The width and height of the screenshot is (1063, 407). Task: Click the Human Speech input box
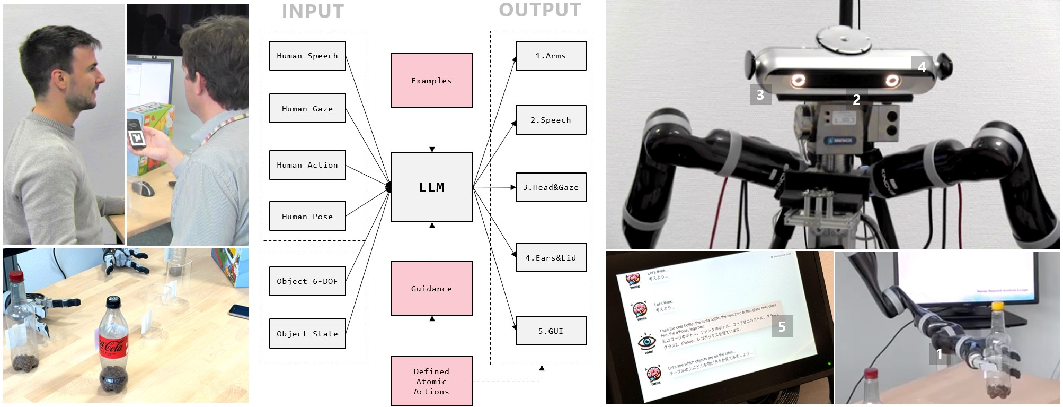tap(307, 56)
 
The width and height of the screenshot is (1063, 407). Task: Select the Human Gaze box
tap(307, 109)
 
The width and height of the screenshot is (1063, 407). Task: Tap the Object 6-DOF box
tap(307, 281)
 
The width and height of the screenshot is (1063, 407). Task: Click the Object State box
tap(307, 334)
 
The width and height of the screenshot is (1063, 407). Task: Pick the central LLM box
tap(431, 187)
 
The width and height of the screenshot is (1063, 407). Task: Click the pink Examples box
tap(431, 81)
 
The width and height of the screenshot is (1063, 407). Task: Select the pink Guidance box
tap(431, 289)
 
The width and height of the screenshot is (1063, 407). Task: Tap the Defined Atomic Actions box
tap(431, 382)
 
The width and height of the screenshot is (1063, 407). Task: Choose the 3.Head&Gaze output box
tap(551, 187)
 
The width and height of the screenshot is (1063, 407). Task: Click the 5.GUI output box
tap(551, 331)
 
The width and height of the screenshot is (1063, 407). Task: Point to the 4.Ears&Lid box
tap(551, 258)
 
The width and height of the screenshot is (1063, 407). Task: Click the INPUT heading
tap(313, 12)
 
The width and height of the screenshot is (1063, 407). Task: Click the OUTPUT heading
tap(540, 10)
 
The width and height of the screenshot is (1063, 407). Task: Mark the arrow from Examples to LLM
tap(432, 130)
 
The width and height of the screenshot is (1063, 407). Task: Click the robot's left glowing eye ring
tap(797, 81)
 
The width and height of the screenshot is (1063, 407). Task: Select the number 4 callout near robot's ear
tap(922, 66)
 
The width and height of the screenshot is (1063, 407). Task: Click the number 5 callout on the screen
tap(782, 326)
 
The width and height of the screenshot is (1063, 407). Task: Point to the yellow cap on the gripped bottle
tap(998, 306)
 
